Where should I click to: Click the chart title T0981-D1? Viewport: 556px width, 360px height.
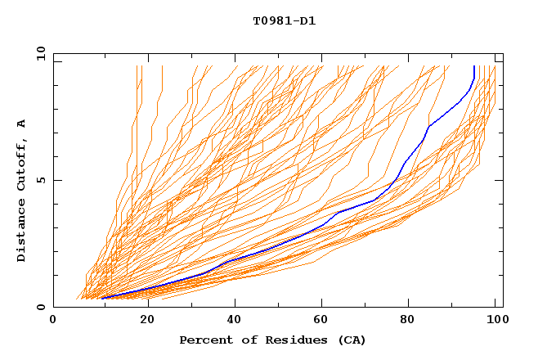coord(284,20)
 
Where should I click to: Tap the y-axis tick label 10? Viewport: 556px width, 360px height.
coord(40,53)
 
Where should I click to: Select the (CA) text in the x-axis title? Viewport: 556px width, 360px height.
coord(349,340)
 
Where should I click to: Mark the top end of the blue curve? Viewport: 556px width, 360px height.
coord(474,66)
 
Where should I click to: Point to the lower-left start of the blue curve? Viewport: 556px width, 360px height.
coord(101,299)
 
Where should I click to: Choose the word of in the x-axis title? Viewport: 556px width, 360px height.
coord(243,340)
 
